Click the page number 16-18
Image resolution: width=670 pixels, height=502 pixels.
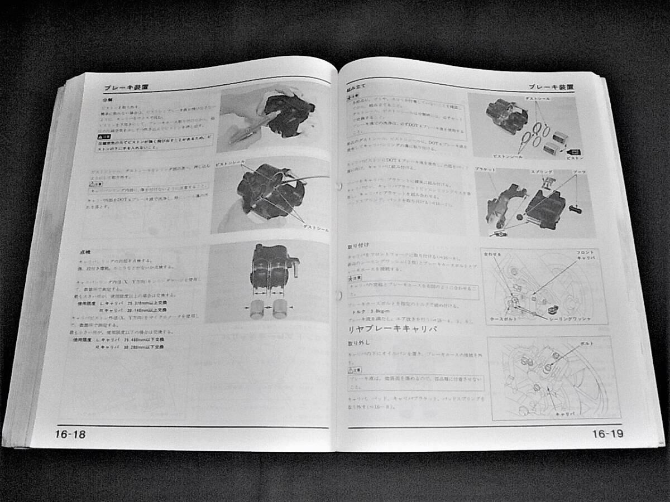point(70,434)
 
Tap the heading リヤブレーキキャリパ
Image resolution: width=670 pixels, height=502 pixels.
point(392,329)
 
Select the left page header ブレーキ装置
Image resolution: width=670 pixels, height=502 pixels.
point(126,88)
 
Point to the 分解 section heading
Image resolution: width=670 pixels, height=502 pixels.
point(107,100)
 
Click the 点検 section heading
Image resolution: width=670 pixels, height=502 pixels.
point(85,252)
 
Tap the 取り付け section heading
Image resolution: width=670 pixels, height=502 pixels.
point(358,245)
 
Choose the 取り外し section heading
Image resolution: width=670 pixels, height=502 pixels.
point(358,342)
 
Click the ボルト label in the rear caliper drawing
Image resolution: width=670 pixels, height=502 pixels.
point(587,344)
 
